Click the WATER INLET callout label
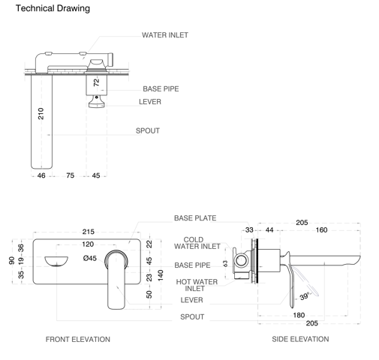(165, 35)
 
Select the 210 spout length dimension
(41, 113)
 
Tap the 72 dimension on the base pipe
(96, 83)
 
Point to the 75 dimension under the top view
(70, 175)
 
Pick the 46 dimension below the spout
(41, 175)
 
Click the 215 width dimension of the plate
(89, 232)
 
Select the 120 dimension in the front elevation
(88, 244)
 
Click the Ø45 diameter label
(89, 258)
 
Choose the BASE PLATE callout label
(195, 218)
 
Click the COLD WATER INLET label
(198, 243)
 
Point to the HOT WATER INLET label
(198, 285)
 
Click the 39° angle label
(303, 296)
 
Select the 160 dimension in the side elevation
(321, 230)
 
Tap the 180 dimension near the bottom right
(299, 315)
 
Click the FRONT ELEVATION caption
(78, 339)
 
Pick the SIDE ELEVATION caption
(300, 339)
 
